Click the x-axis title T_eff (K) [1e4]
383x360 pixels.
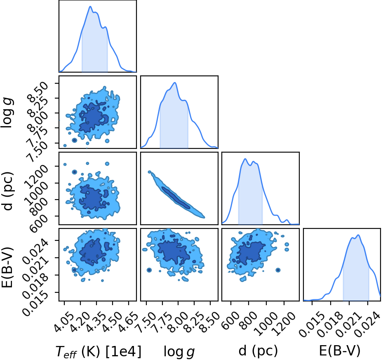(99, 352)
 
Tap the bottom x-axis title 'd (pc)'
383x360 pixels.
(258, 351)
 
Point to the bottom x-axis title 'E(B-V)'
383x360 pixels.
(340, 351)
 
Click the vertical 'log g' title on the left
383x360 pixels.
(7, 113)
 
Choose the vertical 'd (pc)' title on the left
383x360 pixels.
(8, 191)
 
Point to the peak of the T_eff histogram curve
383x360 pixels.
(90, 6)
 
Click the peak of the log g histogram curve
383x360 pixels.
(175, 82)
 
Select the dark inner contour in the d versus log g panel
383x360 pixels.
(176, 198)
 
